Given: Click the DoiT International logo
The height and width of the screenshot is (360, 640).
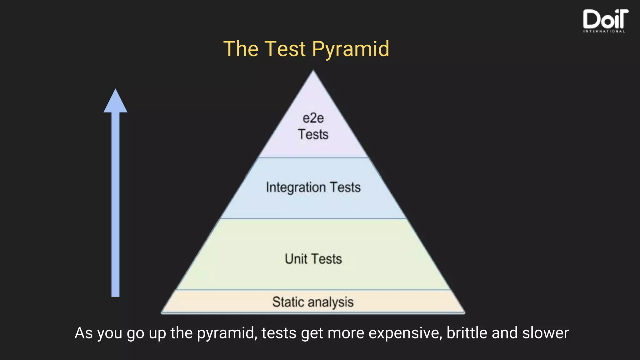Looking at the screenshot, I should pos(605,19).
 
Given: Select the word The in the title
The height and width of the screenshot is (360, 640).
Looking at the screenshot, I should pos(241,49).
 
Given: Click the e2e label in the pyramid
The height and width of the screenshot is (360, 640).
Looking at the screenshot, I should pos(313,118).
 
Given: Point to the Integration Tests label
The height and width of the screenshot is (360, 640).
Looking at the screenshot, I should pos(313,187).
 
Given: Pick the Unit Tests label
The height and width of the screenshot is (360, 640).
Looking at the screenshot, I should pos(313,259).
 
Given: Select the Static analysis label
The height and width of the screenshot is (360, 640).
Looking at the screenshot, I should pos(313,302).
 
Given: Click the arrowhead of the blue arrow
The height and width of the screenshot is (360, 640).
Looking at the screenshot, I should pos(115,102).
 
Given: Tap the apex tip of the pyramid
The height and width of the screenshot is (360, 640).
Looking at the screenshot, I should pos(313,72).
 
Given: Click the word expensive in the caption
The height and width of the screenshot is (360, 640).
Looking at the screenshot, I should pos(405,333).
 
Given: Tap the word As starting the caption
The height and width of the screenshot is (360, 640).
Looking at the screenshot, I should pos(83,333).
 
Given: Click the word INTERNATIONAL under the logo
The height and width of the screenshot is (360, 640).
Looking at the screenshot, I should pos(604,31).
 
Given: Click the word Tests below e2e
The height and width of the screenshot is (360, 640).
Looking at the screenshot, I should pos(313,134).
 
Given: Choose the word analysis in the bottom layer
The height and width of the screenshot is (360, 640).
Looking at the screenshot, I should pos(331,302).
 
